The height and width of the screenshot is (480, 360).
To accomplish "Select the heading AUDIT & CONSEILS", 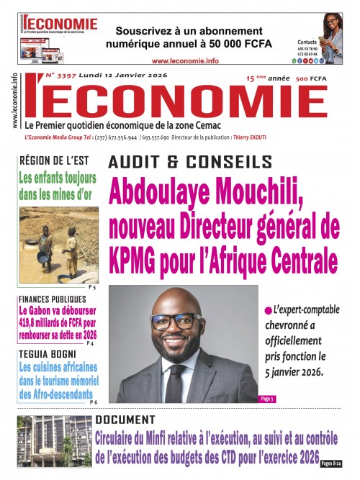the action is click(x=190, y=162).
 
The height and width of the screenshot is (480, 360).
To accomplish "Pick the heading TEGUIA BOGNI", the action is click(x=48, y=354).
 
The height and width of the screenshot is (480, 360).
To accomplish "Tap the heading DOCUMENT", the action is click(x=125, y=420).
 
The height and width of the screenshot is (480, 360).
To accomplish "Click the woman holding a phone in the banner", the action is click(x=331, y=36).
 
